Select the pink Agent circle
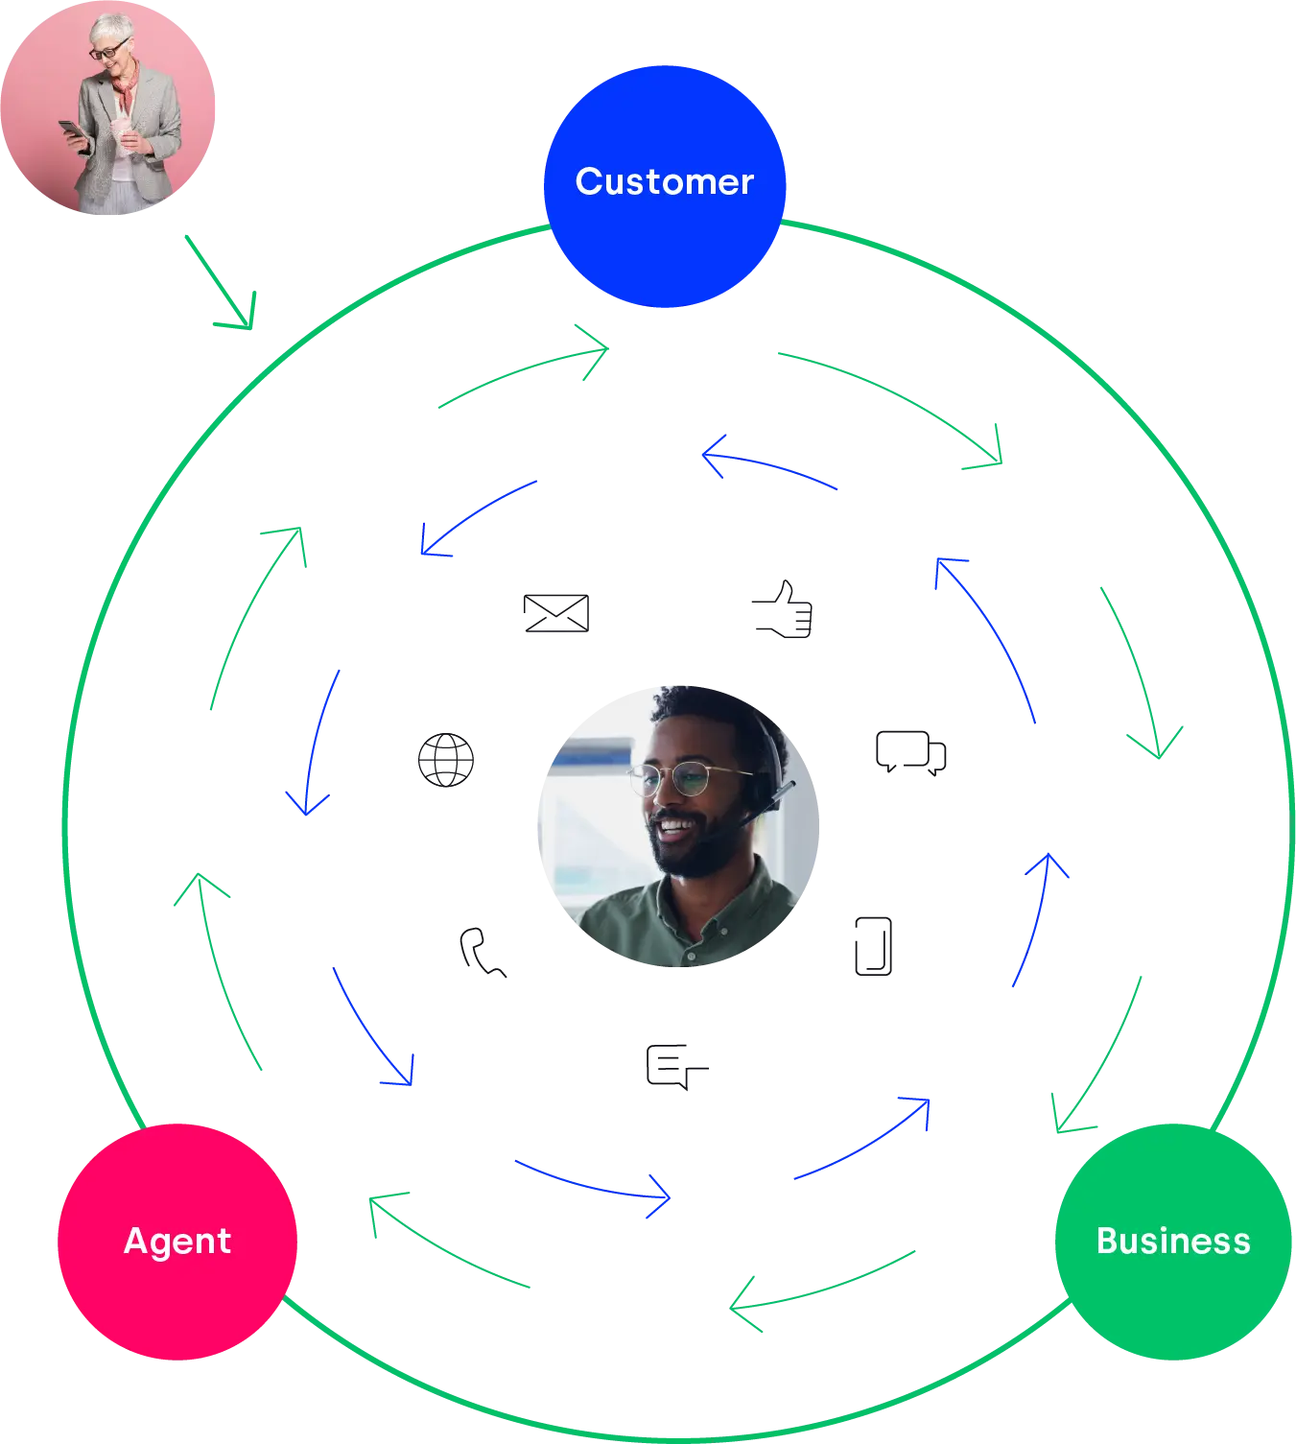pyautogui.click(x=177, y=1286)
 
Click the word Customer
pyautogui.click(x=665, y=181)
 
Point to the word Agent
pyautogui.click(x=177, y=1241)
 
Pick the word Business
pyautogui.click(x=1173, y=1241)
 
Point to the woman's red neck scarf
pyautogui.click(x=126, y=87)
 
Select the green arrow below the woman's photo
pyautogui.click(x=223, y=283)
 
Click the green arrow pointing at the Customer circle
pyautogui.click(x=528, y=374)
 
